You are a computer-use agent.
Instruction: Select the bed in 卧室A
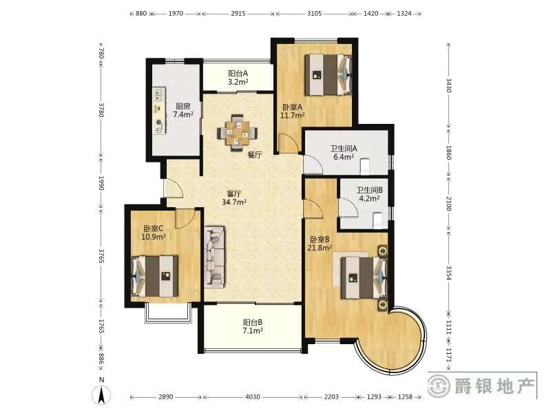click(329, 74)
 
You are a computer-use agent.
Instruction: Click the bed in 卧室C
click(154, 276)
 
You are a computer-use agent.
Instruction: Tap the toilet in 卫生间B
click(377, 220)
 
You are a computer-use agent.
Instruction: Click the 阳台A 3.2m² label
click(238, 78)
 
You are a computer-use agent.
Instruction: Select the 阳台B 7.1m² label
click(253, 326)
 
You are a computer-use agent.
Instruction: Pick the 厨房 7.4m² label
click(183, 110)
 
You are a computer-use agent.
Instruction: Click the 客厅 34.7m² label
click(234, 198)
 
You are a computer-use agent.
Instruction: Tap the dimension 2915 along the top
click(238, 13)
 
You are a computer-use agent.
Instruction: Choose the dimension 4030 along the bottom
click(252, 397)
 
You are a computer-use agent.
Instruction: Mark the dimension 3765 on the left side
click(101, 256)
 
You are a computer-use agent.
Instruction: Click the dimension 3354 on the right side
click(449, 273)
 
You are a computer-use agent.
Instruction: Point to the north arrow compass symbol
click(101, 392)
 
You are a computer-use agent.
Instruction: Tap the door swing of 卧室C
click(185, 218)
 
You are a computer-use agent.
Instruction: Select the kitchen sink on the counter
click(159, 94)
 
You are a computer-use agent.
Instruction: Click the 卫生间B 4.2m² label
click(369, 194)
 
